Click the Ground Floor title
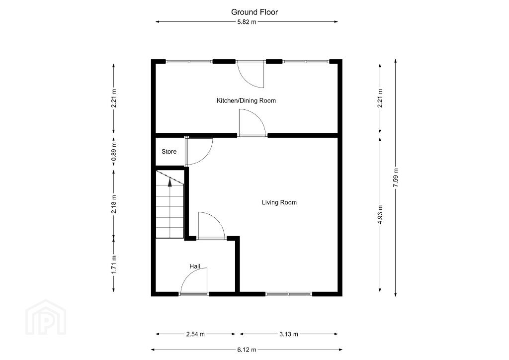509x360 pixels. coord(254,12)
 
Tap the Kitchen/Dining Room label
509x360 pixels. coord(247,100)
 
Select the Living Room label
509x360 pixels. coord(279,202)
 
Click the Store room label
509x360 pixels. coord(169,152)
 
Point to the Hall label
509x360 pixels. coord(195,267)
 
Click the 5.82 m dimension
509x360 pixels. coord(247,22)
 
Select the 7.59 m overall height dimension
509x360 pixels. coord(396,178)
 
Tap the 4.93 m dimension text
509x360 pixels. coord(380,215)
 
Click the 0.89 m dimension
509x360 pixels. coord(114,152)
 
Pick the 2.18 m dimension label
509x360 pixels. coord(114,204)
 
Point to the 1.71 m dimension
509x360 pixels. coord(114,265)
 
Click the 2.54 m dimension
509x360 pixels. coord(195,334)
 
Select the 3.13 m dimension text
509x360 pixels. coord(289,334)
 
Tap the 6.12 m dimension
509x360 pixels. coord(247,350)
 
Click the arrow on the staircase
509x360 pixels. coord(170,183)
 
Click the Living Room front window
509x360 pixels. coord(289,294)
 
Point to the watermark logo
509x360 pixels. coord(45,317)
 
